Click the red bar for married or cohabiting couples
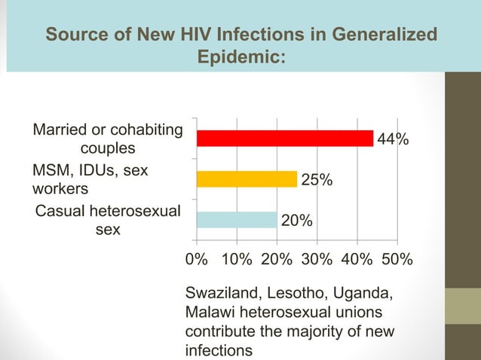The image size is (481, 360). coord(285,139)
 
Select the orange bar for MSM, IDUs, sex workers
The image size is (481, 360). coord(247,178)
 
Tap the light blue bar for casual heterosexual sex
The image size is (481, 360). coord(237,219)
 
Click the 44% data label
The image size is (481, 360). coord(394,139)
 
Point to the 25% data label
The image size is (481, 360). coord(317,180)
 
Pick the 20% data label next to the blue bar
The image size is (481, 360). coord(297,221)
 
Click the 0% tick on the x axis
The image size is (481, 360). coord(197,259)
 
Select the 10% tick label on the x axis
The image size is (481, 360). coord(237,259)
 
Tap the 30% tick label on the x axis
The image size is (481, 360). coord(317,259)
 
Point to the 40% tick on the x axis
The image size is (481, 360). coord(357,259)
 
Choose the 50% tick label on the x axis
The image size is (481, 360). coord(397,259)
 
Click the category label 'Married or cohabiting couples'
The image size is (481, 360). coord(107,139)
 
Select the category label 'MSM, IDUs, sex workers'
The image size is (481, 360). coord(90,179)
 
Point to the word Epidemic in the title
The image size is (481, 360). coord(240,57)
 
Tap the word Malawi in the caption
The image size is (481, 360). coord(207,312)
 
